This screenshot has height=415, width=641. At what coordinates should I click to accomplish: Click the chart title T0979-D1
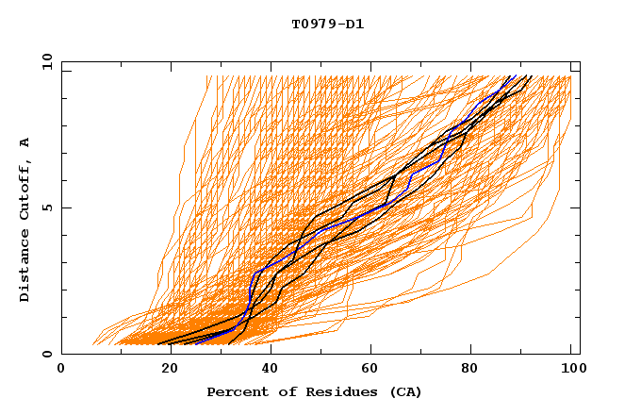tap(327, 25)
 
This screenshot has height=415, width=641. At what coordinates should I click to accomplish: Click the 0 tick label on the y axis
tap(45, 355)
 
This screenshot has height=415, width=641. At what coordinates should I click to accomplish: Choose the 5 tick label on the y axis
tap(45, 207)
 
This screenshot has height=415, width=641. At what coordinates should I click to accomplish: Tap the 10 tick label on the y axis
tap(45, 61)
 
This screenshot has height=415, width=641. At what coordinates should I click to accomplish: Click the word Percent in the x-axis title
tap(237, 391)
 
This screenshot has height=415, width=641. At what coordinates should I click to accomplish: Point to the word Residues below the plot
tap(341, 391)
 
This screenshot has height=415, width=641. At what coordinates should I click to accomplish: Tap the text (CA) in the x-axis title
tap(405, 391)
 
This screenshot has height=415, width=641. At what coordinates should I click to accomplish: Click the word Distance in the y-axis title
tap(25, 267)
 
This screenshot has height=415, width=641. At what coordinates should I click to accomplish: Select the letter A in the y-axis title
tap(25, 142)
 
